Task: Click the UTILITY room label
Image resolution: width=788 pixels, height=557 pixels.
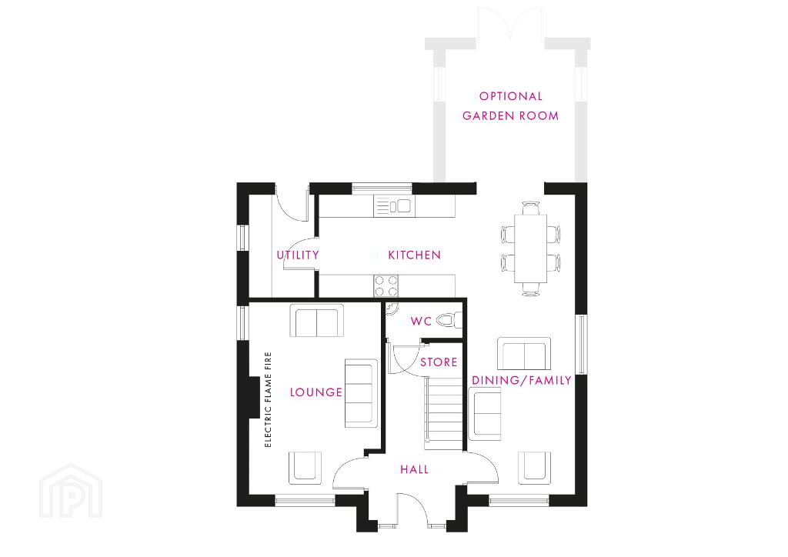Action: click(x=298, y=255)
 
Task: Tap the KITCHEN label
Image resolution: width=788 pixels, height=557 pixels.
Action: click(x=415, y=255)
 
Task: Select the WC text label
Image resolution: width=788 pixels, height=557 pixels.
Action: click(x=421, y=322)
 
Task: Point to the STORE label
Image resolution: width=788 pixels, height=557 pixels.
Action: click(x=439, y=362)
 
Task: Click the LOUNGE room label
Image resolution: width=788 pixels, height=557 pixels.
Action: click(x=316, y=392)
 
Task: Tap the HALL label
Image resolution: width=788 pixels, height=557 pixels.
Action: click(x=415, y=469)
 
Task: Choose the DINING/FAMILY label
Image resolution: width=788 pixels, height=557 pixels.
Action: click(x=522, y=380)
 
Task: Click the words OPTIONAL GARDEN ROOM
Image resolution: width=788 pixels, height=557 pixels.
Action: click(x=511, y=106)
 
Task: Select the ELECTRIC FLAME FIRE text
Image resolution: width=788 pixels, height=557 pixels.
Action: click(x=268, y=399)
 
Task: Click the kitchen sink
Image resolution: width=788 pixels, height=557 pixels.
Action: click(x=393, y=206)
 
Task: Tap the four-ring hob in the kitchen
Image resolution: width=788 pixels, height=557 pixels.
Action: click(x=386, y=285)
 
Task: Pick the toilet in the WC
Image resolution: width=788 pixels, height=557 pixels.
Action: click(x=449, y=320)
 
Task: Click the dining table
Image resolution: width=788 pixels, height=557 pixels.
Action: click(x=531, y=248)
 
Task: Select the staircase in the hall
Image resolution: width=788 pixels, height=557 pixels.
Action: click(x=443, y=413)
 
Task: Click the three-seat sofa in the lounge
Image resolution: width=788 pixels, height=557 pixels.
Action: click(x=361, y=393)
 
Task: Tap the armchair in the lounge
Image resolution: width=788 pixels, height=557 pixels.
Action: click(x=305, y=468)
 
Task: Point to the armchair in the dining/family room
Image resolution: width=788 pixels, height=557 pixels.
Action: click(x=535, y=468)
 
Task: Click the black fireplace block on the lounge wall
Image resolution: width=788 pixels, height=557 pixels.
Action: click(x=254, y=397)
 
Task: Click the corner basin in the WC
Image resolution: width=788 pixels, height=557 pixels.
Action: click(x=392, y=308)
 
